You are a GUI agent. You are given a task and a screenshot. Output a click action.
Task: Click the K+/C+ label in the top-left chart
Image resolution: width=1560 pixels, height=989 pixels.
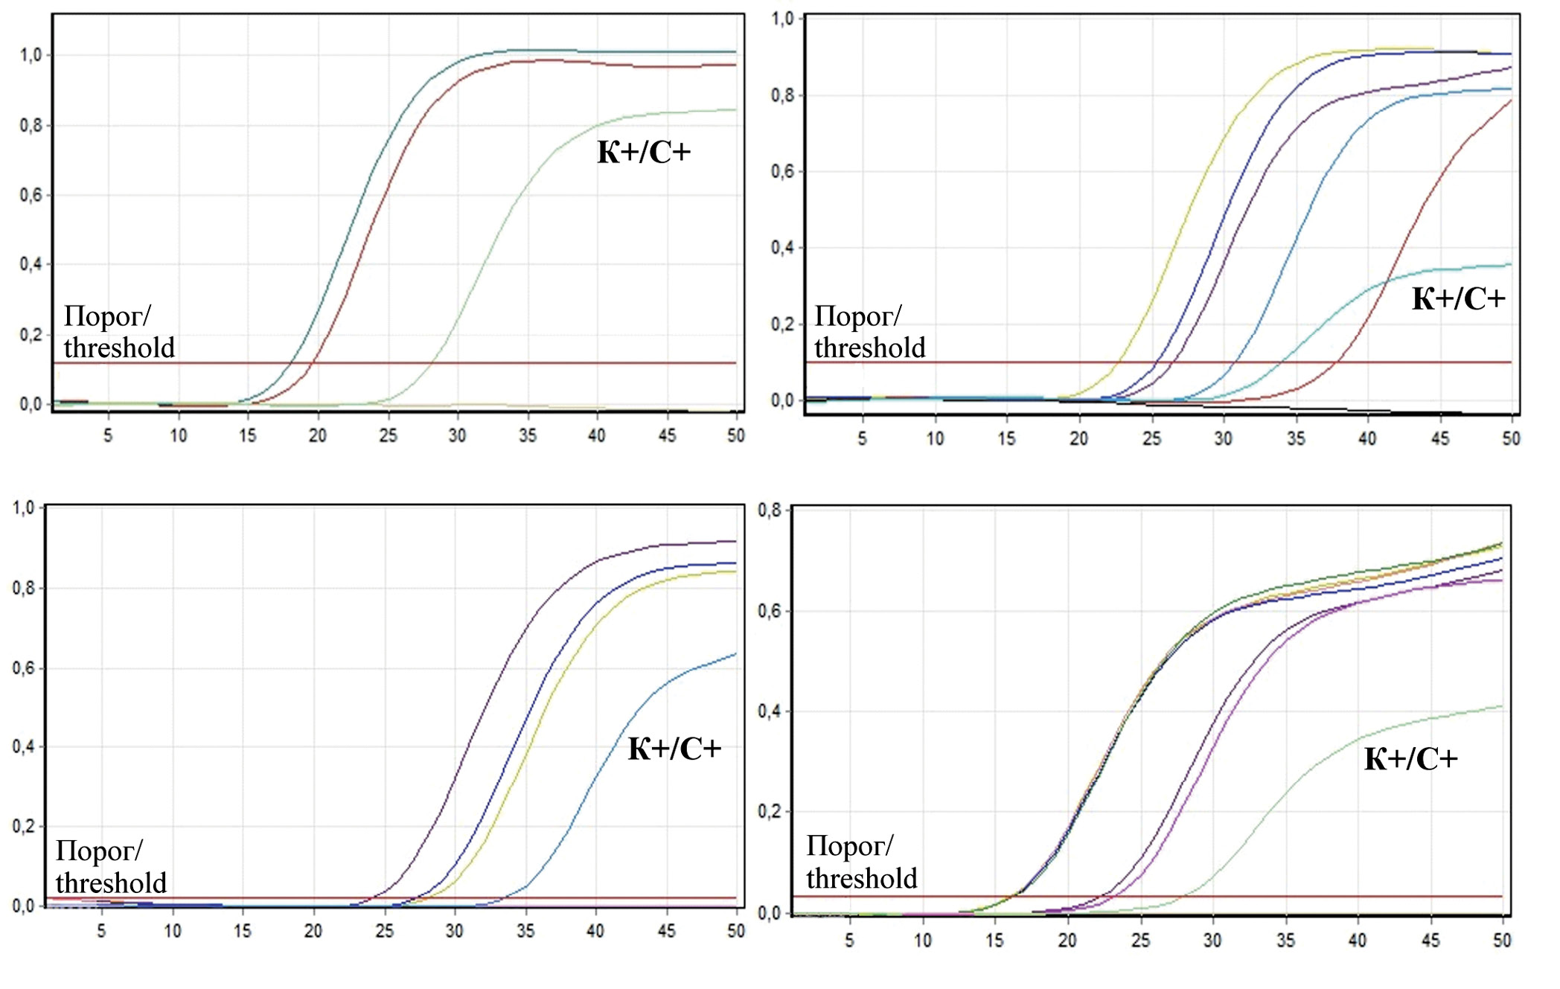pos(644,153)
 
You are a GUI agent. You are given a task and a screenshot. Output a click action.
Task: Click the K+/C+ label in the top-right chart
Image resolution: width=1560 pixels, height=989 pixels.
pos(1458,299)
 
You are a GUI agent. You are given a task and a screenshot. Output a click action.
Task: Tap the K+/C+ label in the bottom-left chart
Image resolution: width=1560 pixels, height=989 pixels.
pos(674,749)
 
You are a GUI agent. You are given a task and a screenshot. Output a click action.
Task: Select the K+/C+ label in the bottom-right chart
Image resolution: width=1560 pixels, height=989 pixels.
pos(1410,759)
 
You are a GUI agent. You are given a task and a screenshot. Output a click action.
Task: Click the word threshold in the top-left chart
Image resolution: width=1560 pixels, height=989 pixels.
pos(119,348)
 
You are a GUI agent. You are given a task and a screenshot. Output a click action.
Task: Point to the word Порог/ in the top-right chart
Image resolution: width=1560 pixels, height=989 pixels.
pos(857,316)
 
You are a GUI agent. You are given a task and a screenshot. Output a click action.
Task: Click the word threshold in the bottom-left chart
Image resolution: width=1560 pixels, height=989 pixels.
pos(111,883)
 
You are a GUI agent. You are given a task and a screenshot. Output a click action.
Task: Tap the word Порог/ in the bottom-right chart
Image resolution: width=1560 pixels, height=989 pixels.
pos(849,846)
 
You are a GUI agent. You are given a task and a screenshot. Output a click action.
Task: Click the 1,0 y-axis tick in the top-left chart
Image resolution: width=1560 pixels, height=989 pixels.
pos(31,55)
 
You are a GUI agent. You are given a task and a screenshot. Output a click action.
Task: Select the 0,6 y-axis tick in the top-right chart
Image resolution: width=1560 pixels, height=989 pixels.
pos(782,172)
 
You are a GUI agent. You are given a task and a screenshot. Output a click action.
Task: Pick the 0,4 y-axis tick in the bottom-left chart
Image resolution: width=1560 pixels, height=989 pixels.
pos(23,747)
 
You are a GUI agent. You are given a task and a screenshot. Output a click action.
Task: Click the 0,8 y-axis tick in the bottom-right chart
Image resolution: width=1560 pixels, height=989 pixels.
pos(770,510)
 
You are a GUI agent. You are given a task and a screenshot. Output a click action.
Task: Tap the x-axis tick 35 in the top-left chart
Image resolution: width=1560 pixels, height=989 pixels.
pos(528,435)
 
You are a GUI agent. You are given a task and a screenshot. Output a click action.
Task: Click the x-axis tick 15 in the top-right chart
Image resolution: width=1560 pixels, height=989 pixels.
pos(1006,439)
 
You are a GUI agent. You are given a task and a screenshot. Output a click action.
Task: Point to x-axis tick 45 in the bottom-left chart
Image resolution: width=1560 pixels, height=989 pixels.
pos(667,931)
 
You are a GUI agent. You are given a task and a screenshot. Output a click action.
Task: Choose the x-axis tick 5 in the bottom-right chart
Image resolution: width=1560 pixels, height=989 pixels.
pos(849,941)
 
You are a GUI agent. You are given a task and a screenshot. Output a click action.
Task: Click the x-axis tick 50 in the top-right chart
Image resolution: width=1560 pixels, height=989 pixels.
pos(1511,439)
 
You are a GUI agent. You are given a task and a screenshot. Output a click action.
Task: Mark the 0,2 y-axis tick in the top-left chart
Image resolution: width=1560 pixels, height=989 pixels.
pos(31,335)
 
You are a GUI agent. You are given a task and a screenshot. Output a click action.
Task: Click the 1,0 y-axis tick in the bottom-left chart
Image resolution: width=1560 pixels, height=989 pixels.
pos(23,508)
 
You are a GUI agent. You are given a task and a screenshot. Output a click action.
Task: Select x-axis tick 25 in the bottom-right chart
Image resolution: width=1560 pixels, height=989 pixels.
pos(1140,941)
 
